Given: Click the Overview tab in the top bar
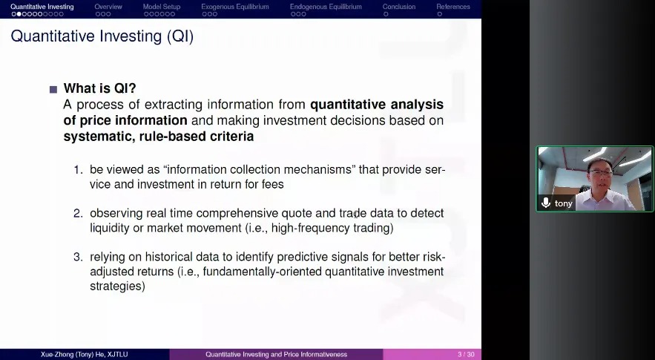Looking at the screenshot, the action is point(108,7).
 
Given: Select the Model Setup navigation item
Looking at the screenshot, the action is point(162,7).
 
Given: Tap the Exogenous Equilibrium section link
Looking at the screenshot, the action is point(235,7).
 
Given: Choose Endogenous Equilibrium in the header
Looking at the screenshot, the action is point(326,7).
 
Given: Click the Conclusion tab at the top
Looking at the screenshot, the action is point(399,7).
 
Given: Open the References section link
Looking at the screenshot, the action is point(453,7).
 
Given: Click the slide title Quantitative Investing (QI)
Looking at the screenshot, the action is point(102,36).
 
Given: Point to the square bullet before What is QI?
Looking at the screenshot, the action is point(53,89).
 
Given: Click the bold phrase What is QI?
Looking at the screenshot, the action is point(100,88).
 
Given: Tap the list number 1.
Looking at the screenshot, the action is point(78,170).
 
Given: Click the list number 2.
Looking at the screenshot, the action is point(78,213).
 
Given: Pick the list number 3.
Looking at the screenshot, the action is point(78,257).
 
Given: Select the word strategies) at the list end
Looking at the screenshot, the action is point(117,287).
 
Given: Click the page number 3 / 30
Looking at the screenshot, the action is point(466,355).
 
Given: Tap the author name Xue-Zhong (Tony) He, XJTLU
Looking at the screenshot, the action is point(85,355).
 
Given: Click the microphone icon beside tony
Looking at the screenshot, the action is point(545,203).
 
